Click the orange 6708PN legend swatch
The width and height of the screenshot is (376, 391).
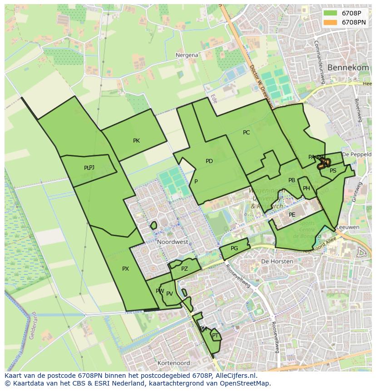(330, 22)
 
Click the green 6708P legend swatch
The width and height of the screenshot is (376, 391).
(330, 13)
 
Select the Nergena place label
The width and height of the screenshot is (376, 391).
(187, 55)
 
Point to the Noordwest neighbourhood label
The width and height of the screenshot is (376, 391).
(173, 242)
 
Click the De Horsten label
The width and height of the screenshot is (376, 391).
(275, 262)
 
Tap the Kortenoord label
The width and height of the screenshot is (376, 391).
(173, 363)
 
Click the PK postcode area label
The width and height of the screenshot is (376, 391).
(136, 141)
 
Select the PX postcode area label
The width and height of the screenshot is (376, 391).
(125, 269)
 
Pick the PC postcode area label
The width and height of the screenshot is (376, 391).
(246, 133)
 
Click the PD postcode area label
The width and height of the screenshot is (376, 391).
(209, 161)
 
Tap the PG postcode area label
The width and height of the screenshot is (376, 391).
(234, 248)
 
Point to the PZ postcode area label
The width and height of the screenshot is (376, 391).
(184, 269)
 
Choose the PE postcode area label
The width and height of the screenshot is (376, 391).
(292, 215)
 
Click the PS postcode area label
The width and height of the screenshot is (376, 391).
(333, 171)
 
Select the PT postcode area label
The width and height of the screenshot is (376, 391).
(215, 336)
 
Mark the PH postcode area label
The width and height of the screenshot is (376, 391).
(307, 188)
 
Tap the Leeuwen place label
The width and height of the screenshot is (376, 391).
(349, 227)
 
